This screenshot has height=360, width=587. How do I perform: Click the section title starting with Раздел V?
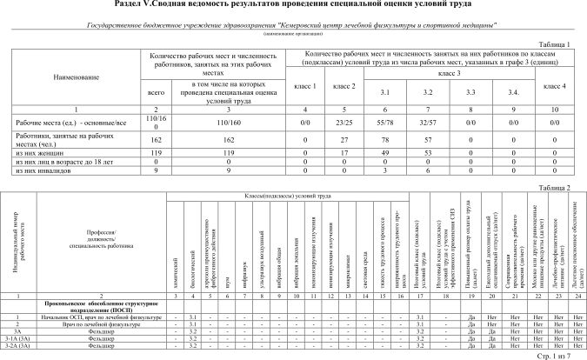pos(293,5)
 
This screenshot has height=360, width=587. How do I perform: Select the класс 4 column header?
pos(555,86)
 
